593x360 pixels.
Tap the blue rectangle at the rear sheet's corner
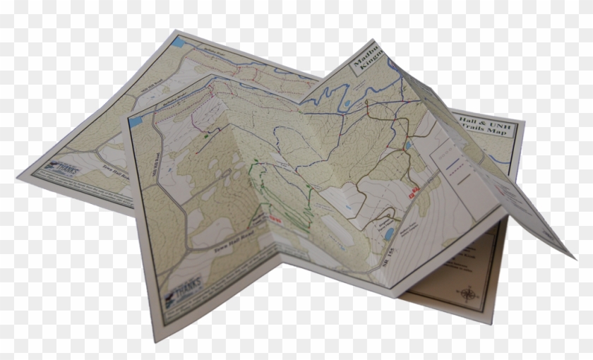[177, 42]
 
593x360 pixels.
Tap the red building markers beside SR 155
[414, 191]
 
